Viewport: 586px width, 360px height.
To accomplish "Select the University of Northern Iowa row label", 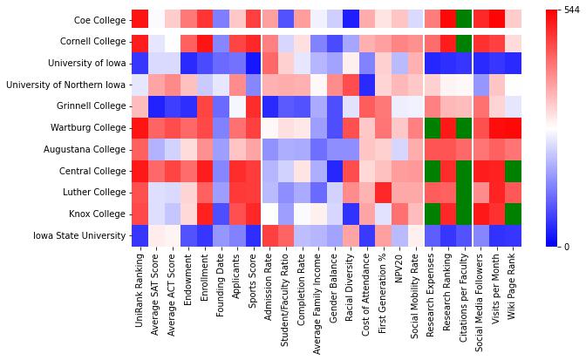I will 65,85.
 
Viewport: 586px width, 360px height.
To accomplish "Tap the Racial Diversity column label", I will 349,292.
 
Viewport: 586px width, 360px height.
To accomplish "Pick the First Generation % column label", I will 381,297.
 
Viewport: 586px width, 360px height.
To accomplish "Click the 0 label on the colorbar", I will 568,247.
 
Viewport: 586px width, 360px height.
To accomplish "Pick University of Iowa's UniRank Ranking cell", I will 140,63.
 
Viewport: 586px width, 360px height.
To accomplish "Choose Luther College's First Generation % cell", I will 381,192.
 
